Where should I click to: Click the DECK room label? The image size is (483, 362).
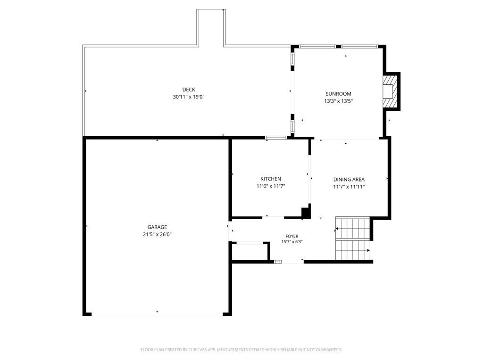click(x=188, y=90)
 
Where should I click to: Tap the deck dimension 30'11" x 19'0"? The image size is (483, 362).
click(x=188, y=97)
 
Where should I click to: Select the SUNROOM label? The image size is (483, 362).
click(x=338, y=94)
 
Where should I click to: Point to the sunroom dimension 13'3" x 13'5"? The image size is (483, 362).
click(x=338, y=101)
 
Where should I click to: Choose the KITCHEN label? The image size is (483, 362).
click(x=271, y=179)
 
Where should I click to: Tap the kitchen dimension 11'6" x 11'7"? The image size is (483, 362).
click(x=271, y=186)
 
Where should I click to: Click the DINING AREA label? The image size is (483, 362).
click(x=349, y=180)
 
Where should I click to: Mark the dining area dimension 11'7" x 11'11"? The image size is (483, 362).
click(x=349, y=187)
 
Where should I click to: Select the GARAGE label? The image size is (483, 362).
click(x=157, y=227)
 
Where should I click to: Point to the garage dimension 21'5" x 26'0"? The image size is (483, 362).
click(x=157, y=234)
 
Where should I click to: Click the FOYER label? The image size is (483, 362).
click(x=291, y=236)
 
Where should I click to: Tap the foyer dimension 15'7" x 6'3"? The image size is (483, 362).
click(x=291, y=242)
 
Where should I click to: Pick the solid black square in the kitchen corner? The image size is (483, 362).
click(x=306, y=213)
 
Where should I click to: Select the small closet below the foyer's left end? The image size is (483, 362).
click(x=250, y=252)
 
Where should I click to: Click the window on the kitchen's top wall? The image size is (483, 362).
click(x=276, y=138)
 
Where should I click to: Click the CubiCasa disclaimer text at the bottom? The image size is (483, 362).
click(x=241, y=350)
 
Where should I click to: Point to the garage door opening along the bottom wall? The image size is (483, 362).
click(x=157, y=314)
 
